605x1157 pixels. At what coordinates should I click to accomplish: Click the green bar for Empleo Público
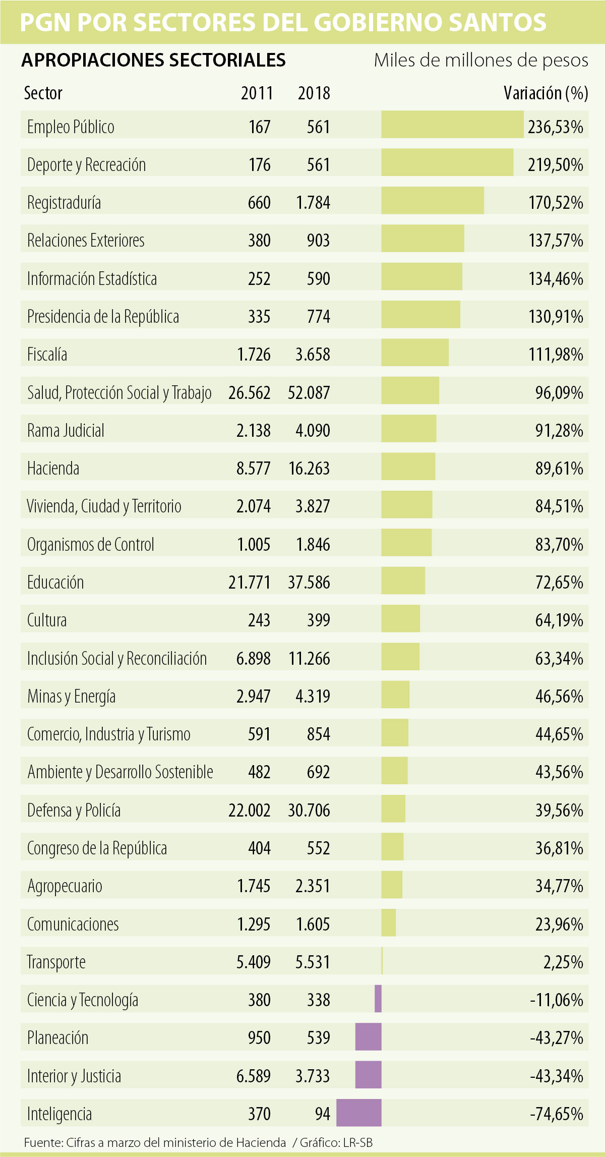coord(452,125)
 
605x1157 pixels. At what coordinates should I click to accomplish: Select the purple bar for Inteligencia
coord(359,1113)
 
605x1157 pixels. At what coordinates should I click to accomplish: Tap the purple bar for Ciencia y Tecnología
coord(378,999)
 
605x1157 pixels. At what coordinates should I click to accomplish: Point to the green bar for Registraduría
coord(433,201)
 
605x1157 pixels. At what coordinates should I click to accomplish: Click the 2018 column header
coord(314,93)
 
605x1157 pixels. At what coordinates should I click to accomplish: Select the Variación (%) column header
coord(546,93)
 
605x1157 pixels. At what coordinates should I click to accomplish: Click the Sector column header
coord(43,93)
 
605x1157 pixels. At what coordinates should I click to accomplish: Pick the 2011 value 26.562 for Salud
coord(250,392)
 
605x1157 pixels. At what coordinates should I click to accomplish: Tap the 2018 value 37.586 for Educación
coord(309,583)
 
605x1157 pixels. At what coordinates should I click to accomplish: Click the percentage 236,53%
coord(556,127)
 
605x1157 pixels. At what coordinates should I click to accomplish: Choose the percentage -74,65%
coord(557,1114)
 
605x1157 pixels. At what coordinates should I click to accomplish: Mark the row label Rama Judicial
coord(66,431)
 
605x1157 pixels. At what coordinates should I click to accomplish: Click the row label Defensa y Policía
coord(74,811)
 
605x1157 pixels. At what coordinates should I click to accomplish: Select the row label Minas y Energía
coord(71,697)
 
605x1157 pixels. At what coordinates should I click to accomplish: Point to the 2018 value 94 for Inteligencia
coord(322,1114)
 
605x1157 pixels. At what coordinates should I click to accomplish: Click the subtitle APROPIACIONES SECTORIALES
coord(153,61)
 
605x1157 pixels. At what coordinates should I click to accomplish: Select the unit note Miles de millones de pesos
coord(481,61)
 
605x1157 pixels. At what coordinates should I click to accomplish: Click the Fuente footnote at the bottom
coord(198,1143)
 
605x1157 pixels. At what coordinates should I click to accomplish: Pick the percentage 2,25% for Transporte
coord(563,962)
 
